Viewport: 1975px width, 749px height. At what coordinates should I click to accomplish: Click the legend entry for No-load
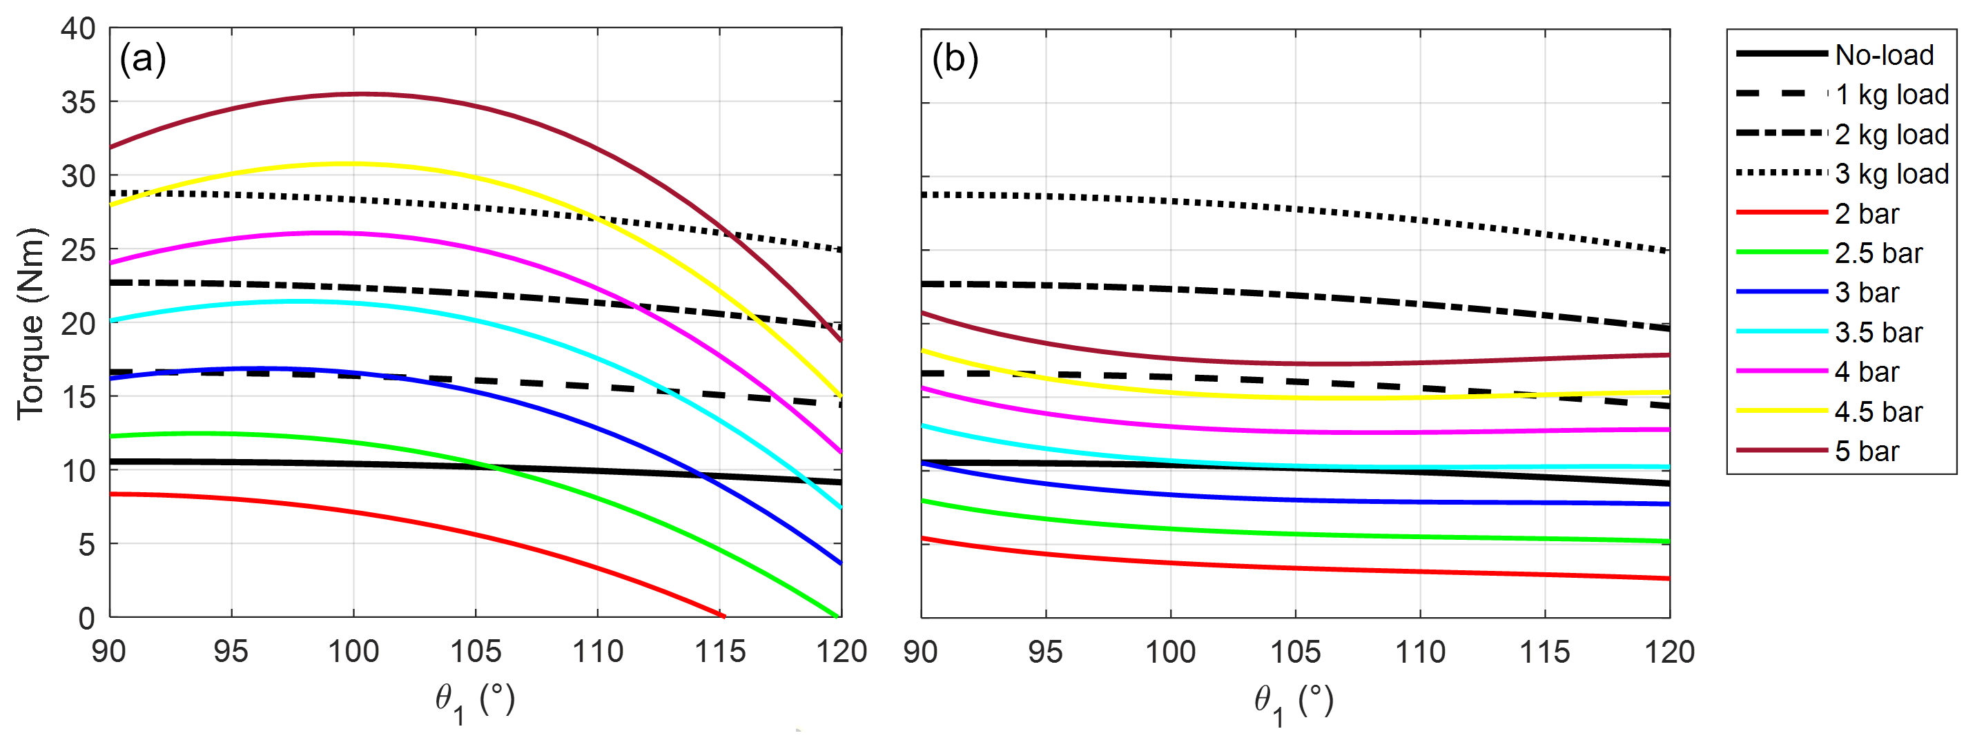click(1884, 55)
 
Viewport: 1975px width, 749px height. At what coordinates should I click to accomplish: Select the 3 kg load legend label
click(1891, 174)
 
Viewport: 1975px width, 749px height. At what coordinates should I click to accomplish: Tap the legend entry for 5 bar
click(1866, 451)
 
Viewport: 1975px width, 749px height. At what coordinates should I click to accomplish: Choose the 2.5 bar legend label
click(1878, 254)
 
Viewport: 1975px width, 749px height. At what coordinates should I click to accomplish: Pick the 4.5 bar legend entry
click(1878, 412)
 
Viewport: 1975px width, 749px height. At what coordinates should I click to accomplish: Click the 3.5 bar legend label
click(1878, 333)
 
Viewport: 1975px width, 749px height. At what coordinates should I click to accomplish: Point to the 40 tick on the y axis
click(78, 29)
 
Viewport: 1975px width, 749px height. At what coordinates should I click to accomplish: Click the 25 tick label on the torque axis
click(78, 250)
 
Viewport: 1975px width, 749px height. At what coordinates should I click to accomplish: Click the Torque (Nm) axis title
click(30, 324)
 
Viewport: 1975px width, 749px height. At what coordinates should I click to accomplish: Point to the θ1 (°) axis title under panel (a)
click(474, 701)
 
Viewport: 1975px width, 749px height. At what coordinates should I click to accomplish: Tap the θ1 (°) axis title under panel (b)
click(1294, 701)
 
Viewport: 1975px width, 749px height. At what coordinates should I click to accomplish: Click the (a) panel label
click(143, 59)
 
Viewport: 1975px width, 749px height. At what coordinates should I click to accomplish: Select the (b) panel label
click(955, 59)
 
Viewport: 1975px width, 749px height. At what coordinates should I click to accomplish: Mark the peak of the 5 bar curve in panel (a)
click(360, 93)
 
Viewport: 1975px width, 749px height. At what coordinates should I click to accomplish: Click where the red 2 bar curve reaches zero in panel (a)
click(722, 616)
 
